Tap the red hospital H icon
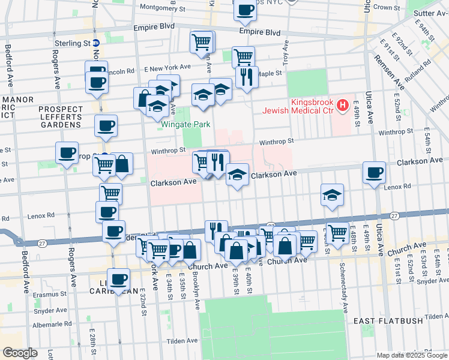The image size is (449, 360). pyautogui.click(x=342, y=106)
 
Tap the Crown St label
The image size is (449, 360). pyautogui.click(x=387, y=8)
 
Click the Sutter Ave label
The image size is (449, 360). pyautogui.click(x=429, y=12)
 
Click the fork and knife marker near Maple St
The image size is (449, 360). pyautogui.click(x=247, y=77)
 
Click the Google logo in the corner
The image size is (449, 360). pyautogui.click(x=20, y=352)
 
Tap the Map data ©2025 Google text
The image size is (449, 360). pyautogui.click(x=412, y=355)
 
